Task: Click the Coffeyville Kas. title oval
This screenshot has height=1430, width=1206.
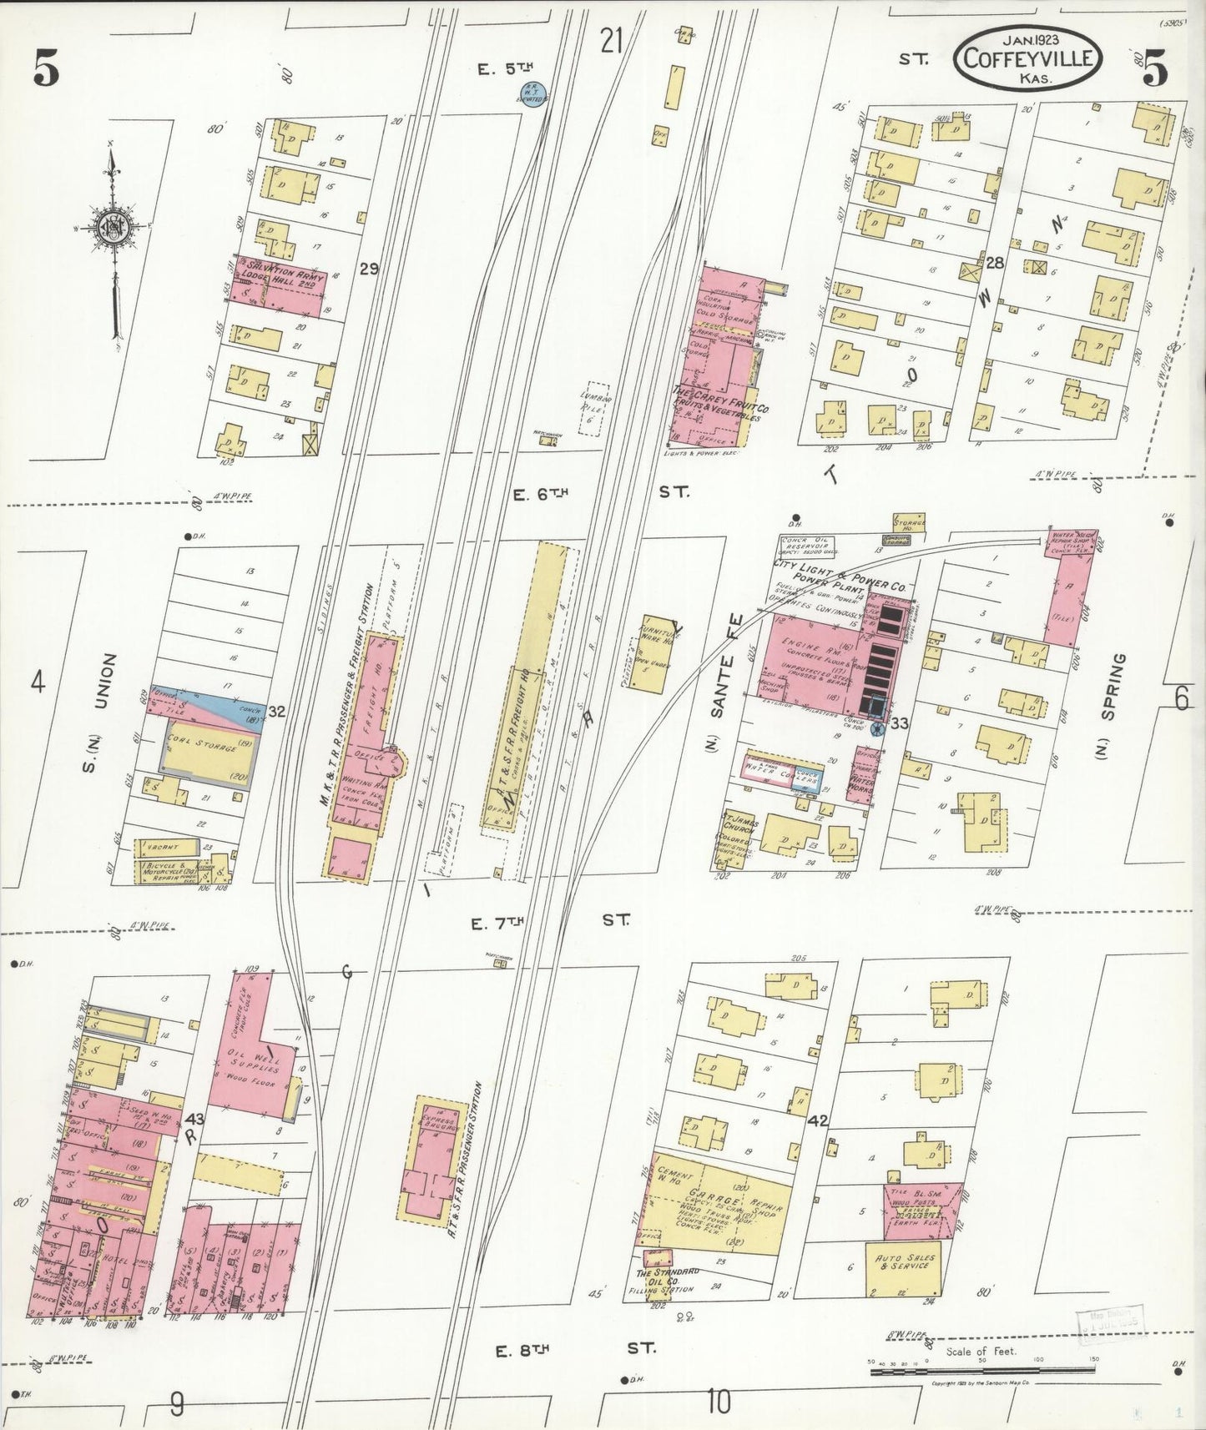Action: click(x=1029, y=57)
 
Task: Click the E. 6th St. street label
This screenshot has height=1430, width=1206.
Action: click(x=599, y=493)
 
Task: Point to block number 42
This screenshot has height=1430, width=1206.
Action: click(x=818, y=1120)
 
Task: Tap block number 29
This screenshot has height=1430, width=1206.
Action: click(x=369, y=269)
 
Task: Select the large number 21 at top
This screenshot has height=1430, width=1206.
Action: click(x=612, y=40)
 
